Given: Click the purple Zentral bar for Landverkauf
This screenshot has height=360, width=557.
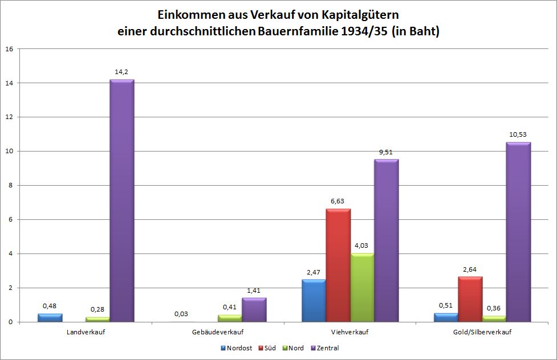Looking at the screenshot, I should [121, 201].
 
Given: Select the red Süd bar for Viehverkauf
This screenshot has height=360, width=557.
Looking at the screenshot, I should [338, 265].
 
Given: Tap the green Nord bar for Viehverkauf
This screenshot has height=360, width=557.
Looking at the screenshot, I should [362, 288].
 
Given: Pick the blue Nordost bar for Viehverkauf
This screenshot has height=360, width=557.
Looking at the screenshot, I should [314, 301].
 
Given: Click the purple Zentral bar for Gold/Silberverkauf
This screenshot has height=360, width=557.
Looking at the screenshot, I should [518, 232].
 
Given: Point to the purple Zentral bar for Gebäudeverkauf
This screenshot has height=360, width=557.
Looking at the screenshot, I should [254, 310].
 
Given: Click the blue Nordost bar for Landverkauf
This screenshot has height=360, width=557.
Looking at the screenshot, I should [50, 318].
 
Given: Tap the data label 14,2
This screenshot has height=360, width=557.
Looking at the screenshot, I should [122, 72].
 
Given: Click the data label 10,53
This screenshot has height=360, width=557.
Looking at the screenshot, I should [518, 134].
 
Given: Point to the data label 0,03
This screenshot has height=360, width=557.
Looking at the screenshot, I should [182, 314].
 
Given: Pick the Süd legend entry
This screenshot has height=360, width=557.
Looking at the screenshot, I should [268, 347].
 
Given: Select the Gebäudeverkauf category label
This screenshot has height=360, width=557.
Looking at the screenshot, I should [218, 332].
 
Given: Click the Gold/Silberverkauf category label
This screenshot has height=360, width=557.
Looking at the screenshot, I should [482, 332].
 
